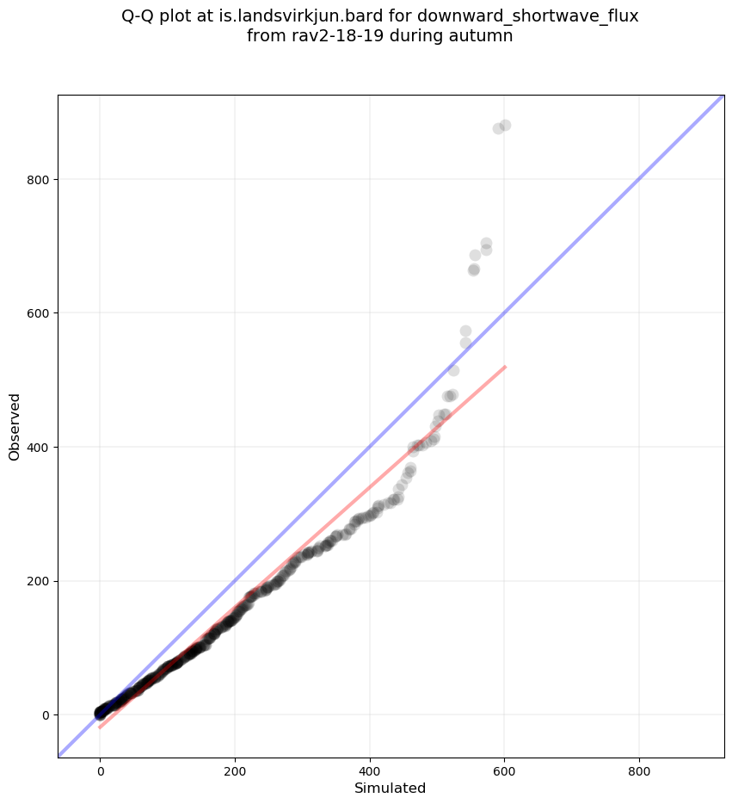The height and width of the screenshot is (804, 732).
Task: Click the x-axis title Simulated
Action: coord(390,788)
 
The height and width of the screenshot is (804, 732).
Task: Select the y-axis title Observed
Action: coord(15,427)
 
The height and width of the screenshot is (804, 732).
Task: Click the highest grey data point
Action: coord(505,126)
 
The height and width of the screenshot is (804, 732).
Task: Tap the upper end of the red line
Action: coord(505,367)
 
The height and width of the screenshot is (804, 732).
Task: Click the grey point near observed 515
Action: coord(453,370)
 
